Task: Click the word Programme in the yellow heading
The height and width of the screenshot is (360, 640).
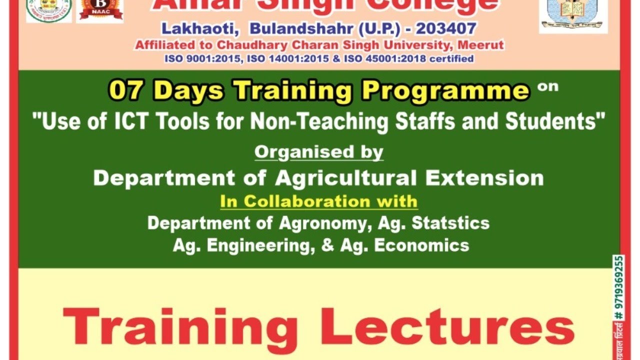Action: point(446,91)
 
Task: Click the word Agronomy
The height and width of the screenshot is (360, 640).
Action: point(324,223)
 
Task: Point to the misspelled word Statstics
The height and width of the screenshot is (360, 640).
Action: point(450,223)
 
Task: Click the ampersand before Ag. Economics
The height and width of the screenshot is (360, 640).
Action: point(328,245)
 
